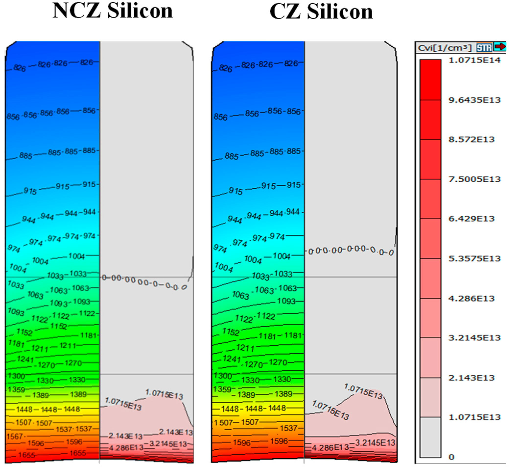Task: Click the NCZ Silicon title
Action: [113, 11]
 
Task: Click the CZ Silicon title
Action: [321, 12]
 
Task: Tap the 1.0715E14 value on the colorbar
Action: [474, 60]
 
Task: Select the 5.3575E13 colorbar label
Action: [474, 259]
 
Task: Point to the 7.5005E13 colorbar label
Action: [474, 179]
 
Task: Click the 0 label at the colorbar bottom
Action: [452, 457]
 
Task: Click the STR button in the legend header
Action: [484, 48]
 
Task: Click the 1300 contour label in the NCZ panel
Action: [16, 376]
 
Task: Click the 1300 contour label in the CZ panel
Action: [222, 376]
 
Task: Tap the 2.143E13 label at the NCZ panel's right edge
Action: [176, 432]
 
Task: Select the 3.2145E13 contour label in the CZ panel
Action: [375, 443]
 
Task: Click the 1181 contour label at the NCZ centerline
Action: [88, 335]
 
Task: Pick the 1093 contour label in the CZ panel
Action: [286, 301]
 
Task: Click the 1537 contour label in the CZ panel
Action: [289, 428]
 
